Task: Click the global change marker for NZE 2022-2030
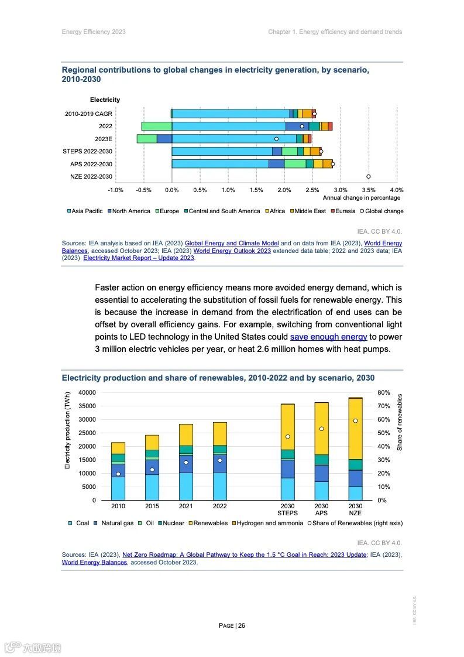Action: [x=369, y=176]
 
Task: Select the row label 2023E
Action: [x=104, y=139]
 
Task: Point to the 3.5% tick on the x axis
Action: [x=369, y=190]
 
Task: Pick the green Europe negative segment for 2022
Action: [x=156, y=126]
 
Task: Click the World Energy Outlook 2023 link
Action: [x=232, y=251]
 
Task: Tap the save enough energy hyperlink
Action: [x=328, y=337]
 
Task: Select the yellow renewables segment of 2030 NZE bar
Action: [x=355, y=427]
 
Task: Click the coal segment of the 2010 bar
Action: [x=118, y=488]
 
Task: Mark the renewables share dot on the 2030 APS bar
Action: [x=321, y=429]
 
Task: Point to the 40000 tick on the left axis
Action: [x=87, y=392]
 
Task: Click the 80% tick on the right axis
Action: [x=383, y=392]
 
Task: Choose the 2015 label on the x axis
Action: [x=152, y=506]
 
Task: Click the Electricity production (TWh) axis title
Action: [x=67, y=430]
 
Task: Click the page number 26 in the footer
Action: [x=242, y=625]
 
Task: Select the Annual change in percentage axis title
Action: [x=362, y=198]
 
